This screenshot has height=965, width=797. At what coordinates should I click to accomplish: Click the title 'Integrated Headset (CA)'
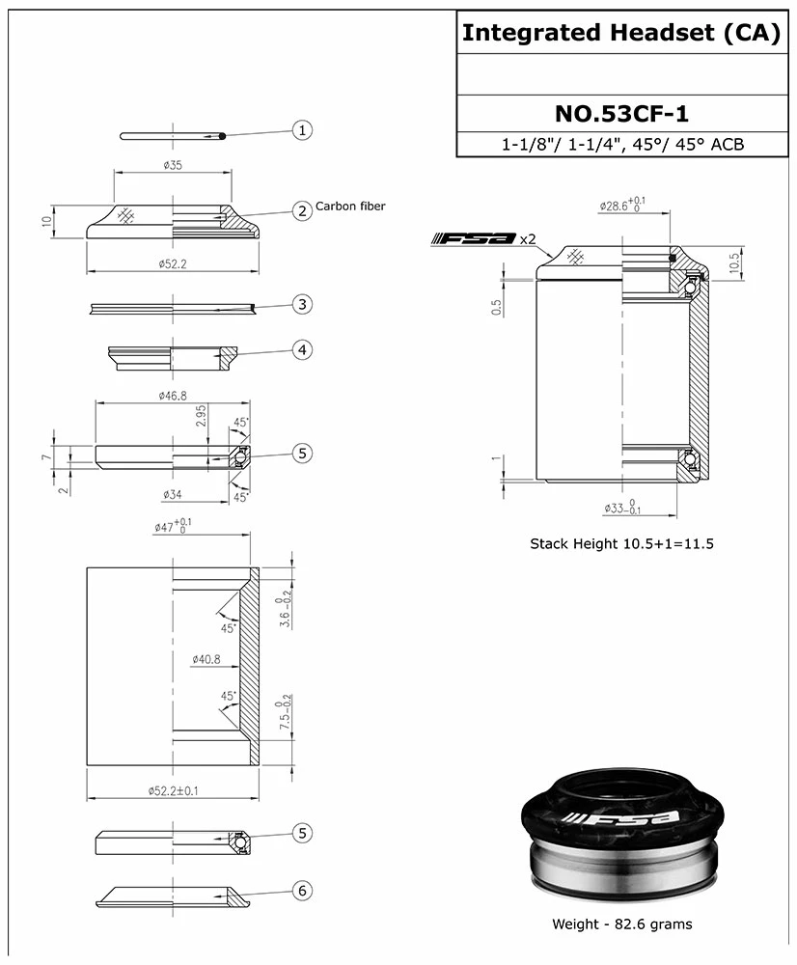(621, 33)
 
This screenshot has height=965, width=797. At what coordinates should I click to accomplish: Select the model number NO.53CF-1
(621, 113)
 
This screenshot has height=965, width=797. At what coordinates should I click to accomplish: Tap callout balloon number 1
(302, 130)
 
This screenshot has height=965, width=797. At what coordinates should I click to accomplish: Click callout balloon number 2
(302, 210)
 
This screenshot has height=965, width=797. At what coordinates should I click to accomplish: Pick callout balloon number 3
(302, 305)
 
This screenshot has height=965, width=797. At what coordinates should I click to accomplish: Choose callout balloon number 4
(302, 349)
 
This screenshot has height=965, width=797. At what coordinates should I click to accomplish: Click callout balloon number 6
(302, 891)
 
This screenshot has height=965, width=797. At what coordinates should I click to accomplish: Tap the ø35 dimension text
(172, 165)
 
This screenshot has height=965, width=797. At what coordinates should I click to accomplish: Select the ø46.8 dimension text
(173, 395)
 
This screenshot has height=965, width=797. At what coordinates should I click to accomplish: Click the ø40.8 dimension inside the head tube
(206, 659)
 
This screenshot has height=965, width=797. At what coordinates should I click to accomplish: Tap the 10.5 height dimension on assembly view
(735, 262)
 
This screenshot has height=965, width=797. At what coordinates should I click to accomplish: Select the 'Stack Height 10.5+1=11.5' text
(621, 543)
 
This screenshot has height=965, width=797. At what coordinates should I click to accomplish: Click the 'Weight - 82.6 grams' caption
(621, 924)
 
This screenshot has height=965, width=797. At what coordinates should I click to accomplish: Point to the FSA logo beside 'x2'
(474, 239)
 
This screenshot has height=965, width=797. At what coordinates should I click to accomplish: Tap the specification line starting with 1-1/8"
(621, 145)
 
